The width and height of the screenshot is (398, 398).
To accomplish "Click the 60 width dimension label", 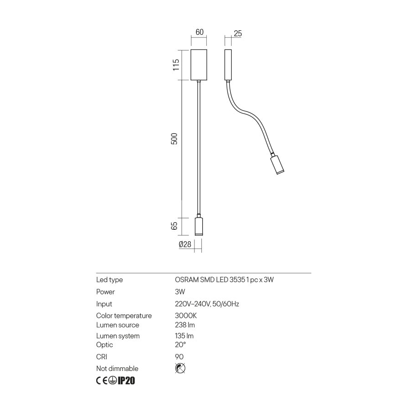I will pyautogui.click(x=199, y=32).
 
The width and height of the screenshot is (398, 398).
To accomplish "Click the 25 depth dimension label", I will pyautogui.click(x=237, y=33).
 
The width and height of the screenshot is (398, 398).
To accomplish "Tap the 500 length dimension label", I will pyautogui.click(x=174, y=139).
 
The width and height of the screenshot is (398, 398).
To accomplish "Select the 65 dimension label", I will pyautogui.click(x=174, y=226).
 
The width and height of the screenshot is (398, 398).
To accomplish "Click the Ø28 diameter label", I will pyautogui.click(x=184, y=244).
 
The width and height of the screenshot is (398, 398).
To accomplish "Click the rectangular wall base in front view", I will pyautogui.click(x=199, y=64).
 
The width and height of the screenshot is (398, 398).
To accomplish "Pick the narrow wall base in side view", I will pyautogui.click(x=227, y=65).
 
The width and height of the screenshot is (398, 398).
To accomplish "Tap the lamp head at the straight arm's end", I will pyautogui.click(x=199, y=226).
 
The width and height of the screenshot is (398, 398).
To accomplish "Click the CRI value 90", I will pyautogui.click(x=179, y=357).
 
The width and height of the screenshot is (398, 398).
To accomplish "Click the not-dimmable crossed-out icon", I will pyautogui.click(x=180, y=368).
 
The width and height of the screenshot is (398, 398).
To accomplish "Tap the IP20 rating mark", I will pyautogui.click(x=126, y=381).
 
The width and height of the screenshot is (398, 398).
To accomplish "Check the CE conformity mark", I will pyautogui.click(x=102, y=381).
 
